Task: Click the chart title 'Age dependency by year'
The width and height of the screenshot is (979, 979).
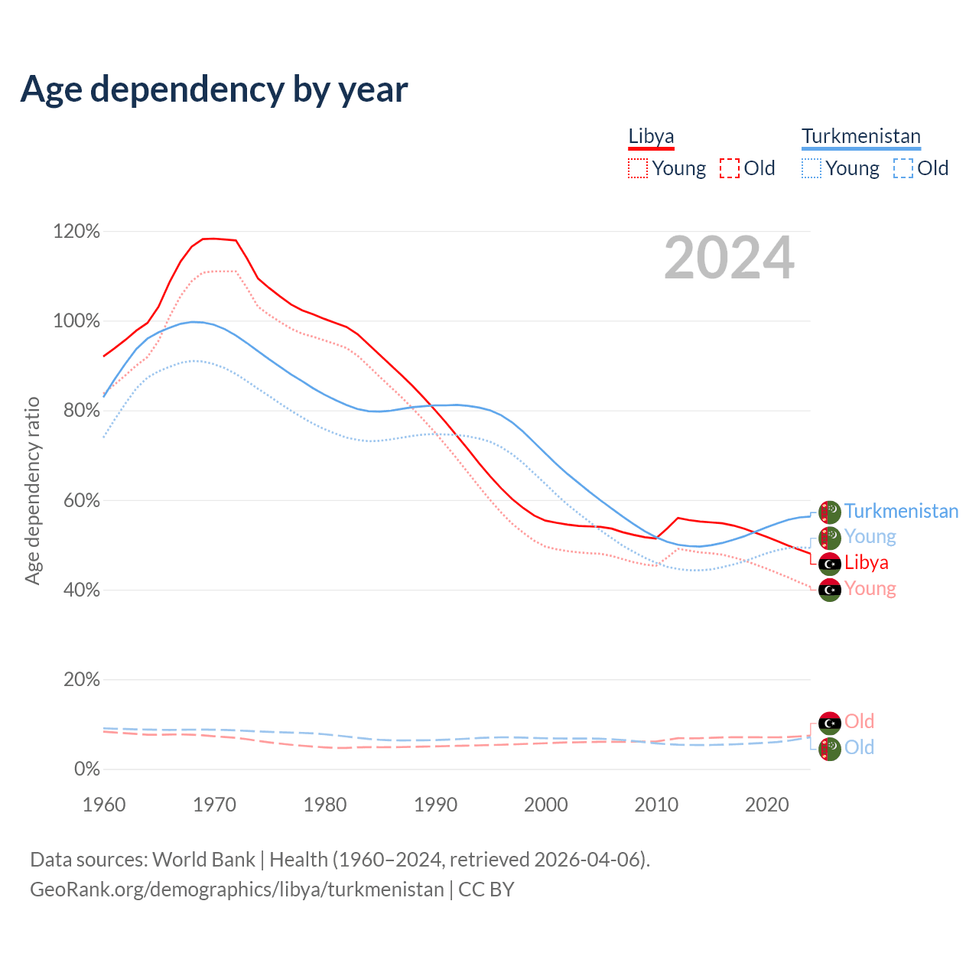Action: (x=214, y=89)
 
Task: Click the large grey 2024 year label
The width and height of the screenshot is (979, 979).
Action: (x=729, y=258)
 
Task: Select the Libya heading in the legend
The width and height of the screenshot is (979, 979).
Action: (x=651, y=136)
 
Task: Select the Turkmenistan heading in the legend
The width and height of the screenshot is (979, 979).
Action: (x=860, y=136)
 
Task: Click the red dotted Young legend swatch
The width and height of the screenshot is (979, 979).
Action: (x=637, y=168)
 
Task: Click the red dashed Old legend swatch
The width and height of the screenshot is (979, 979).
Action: (x=729, y=168)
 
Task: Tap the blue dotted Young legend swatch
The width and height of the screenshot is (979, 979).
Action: (x=811, y=168)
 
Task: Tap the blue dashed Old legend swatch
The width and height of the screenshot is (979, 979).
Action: (x=903, y=168)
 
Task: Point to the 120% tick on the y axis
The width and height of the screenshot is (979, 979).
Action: (x=76, y=231)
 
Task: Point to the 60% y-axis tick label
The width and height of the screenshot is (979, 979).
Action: (x=76, y=500)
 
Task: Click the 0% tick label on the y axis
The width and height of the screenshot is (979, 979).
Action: (x=86, y=769)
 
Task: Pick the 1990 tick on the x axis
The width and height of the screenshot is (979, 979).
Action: (x=435, y=805)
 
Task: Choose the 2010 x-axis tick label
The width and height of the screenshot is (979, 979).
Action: (x=656, y=805)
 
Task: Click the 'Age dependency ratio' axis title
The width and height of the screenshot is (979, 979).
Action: (x=32, y=490)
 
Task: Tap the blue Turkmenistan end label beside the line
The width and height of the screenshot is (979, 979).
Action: (x=901, y=511)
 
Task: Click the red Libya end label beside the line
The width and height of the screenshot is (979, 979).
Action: (x=866, y=563)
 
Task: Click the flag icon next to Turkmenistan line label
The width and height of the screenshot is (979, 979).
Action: (x=830, y=512)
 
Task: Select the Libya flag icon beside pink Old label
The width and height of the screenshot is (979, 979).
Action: (x=830, y=722)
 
